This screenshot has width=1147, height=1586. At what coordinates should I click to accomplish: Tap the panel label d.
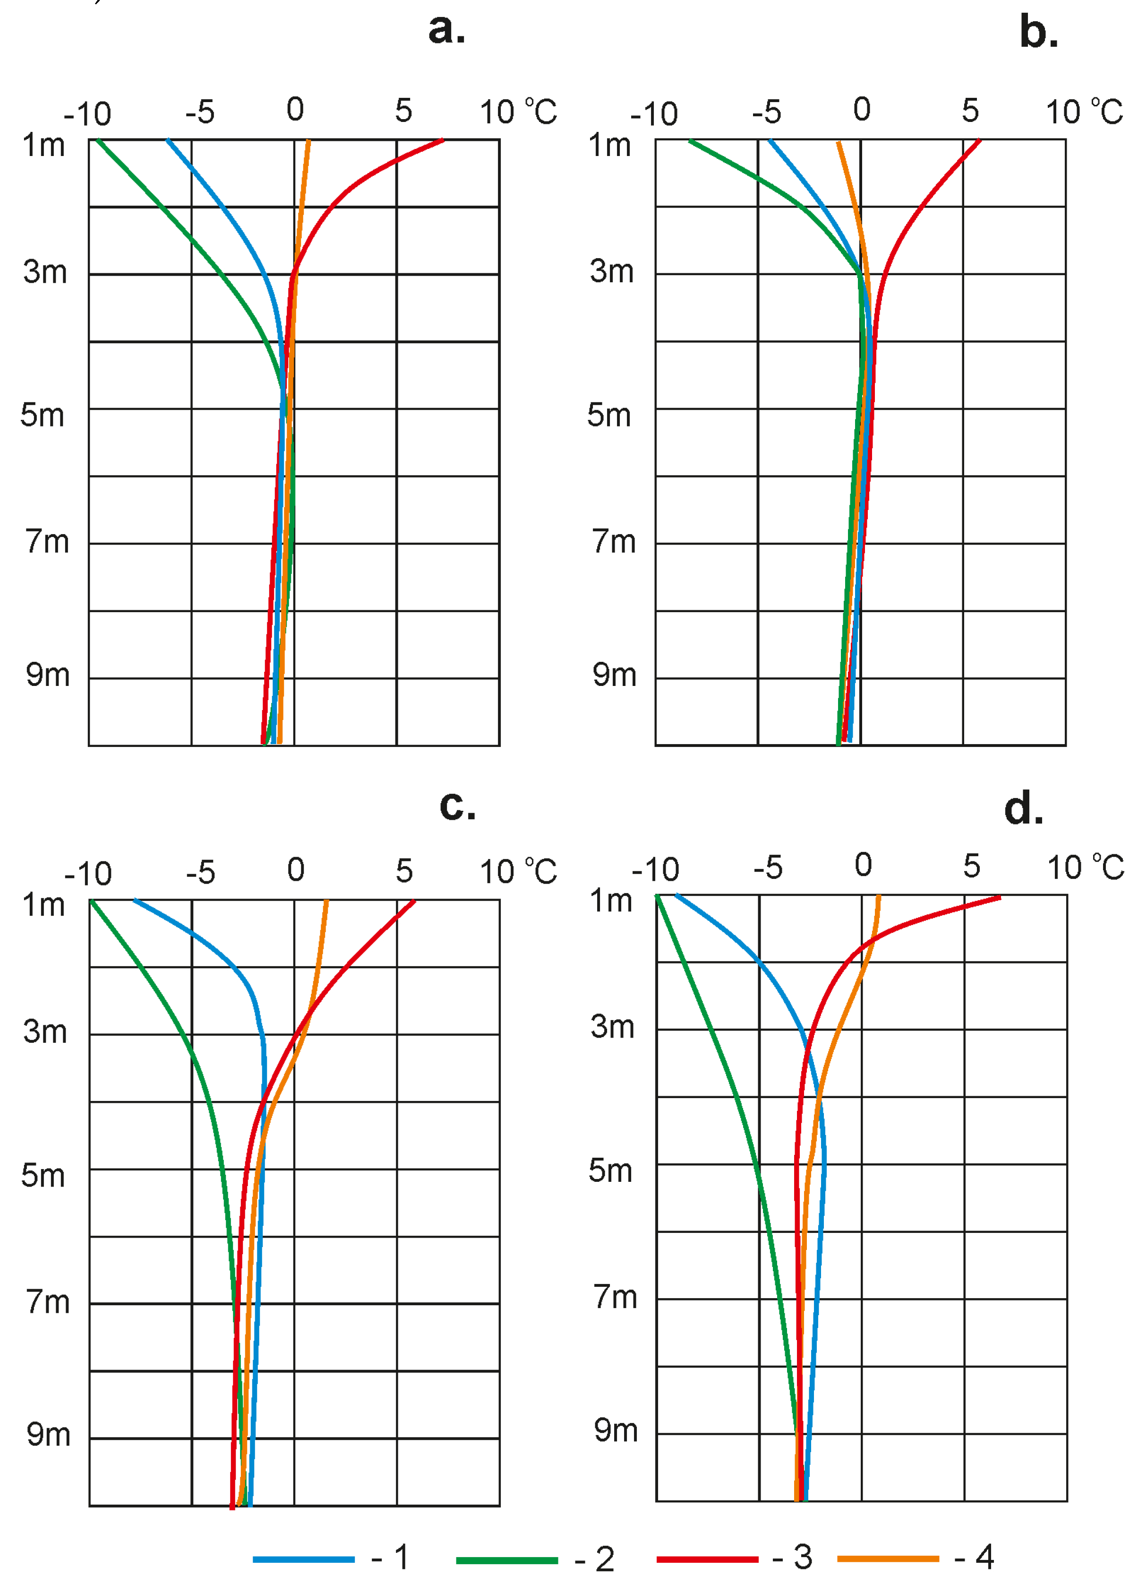pyautogui.click(x=1023, y=809)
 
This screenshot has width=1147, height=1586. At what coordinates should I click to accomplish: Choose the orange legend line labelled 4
pyautogui.click(x=888, y=1559)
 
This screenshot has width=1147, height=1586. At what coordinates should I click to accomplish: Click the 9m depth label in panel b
pyautogui.click(x=615, y=676)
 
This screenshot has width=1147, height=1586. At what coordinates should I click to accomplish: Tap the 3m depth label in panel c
pyautogui.click(x=45, y=1032)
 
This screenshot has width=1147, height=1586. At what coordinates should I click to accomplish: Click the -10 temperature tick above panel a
pyautogui.click(x=87, y=114)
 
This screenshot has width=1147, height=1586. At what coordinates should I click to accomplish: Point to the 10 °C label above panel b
pyautogui.click(x=1083, y=112)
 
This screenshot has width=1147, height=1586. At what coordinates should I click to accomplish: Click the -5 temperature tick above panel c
pyautogui.click(x=201, y=873)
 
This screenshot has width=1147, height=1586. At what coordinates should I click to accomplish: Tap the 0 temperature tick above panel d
pyautogui.click(x=863, y=866)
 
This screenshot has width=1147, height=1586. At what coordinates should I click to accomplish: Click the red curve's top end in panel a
pyautogui.click(x=442, y=140)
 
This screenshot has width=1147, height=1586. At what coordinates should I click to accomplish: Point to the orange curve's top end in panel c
pyautogui.click(x=326, y=902)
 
